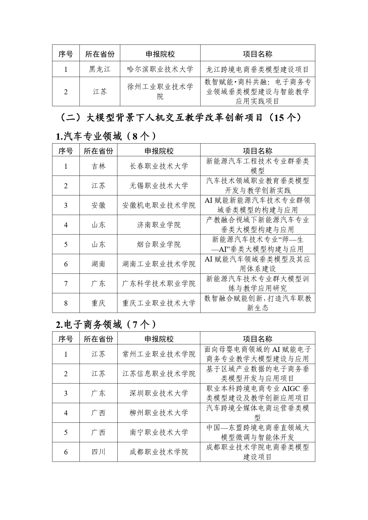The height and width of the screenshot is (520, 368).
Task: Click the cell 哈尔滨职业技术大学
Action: pos(160,69)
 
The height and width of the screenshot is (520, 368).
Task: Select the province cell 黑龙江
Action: pos(100,69)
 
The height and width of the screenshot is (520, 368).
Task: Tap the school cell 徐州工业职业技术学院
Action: pos(160,92)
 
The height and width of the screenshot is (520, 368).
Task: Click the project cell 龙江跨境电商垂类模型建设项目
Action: pos(257,69)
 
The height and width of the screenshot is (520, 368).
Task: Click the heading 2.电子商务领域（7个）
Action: pos(106,325)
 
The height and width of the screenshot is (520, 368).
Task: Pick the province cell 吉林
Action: pos(98,166)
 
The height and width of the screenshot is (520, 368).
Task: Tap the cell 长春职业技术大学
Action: pos(159,166)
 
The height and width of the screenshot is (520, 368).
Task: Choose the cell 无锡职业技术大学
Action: pos(159,186)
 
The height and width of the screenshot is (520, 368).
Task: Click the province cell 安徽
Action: pos(98,205)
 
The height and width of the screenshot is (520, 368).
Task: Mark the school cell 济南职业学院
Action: pos(159,225)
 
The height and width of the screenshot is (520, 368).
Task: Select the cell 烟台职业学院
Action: pos(159,244)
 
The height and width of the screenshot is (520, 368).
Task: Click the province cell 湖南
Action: pos(98,264)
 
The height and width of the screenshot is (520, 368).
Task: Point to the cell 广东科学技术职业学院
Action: pos(159,283)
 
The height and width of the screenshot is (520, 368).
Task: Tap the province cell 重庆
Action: pos(98,303)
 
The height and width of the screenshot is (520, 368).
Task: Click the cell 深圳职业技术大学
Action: pos(159,393)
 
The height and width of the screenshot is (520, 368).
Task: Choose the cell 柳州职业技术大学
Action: pos(159,413)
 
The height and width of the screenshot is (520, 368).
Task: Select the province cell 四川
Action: pos(98,452)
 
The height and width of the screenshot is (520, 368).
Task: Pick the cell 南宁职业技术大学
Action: pos(159,432)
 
